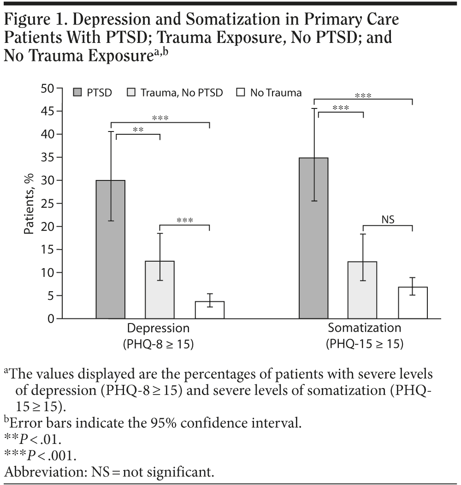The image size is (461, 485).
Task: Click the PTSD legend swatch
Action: click(x=77, y=93)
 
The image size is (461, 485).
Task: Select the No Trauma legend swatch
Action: click(x=241, y=93)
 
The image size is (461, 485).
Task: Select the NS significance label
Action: click(x=388, y=219)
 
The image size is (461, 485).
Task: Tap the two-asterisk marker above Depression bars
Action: click(x=138, y=130)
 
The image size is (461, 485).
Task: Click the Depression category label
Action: click(x=158, y=329)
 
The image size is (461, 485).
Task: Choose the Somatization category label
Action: click(x=364, y=328)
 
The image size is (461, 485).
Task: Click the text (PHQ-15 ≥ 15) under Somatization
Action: click(x=364, y=344)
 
